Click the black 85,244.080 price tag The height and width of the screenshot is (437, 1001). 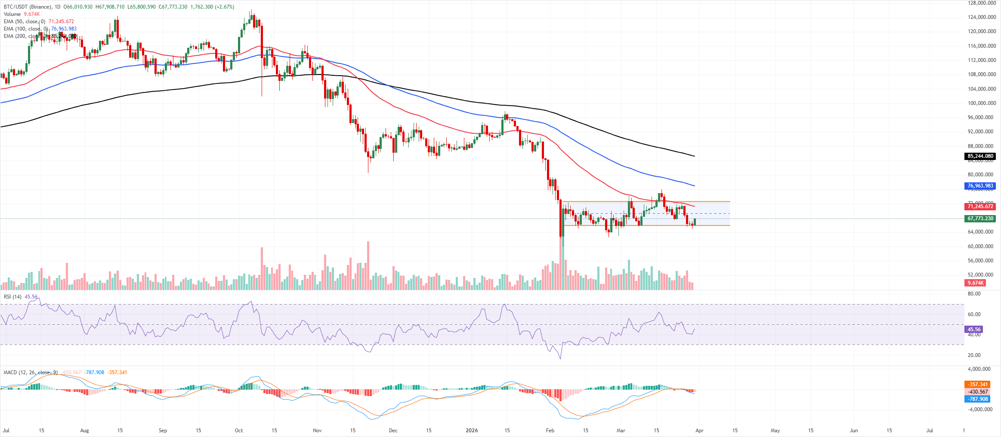980,156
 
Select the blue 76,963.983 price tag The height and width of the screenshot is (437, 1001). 980,186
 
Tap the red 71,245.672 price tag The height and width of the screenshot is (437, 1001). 980,206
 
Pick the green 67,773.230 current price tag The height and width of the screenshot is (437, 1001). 980,218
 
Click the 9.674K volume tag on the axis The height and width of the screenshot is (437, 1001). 976,283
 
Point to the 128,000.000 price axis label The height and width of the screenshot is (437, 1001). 982,3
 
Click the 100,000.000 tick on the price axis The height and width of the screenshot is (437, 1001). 982,103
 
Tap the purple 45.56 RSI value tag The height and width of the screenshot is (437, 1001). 974,329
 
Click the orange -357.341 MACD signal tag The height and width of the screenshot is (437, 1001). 978,385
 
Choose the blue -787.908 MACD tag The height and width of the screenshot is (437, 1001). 978,399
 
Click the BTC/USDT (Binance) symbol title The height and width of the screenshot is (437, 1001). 28,7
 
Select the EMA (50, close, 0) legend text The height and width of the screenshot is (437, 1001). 24,22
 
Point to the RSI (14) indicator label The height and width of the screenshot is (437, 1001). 12,297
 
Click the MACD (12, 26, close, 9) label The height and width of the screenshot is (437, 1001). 30,372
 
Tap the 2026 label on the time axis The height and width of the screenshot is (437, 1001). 472,430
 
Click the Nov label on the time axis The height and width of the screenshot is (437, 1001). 317,430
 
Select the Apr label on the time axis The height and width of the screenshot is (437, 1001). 699,430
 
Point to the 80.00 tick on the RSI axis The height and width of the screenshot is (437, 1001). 974,294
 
